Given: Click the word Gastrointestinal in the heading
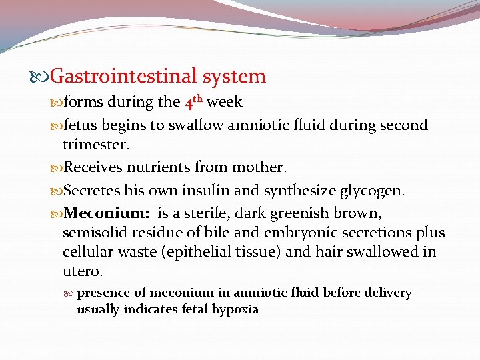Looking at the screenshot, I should pyautogui.click(x=124, y=77).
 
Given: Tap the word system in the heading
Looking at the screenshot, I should pyautogui.click(x=234, y=77).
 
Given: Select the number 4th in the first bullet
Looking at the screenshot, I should pyautogui.click(x=193, y=103).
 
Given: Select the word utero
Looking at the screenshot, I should pyautogui.click(x=83, y=271).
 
